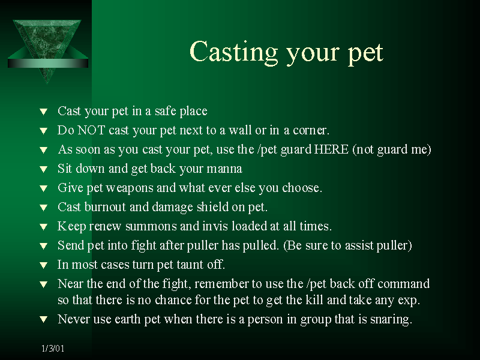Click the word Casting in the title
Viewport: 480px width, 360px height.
point(234,52)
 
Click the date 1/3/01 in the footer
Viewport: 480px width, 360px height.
point(53,349)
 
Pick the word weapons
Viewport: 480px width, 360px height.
point(130,188)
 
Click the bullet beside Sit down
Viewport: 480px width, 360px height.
point(43,169)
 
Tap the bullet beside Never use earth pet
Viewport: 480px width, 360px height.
point(43,320)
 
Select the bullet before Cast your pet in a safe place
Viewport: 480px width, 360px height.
point(43,112)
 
